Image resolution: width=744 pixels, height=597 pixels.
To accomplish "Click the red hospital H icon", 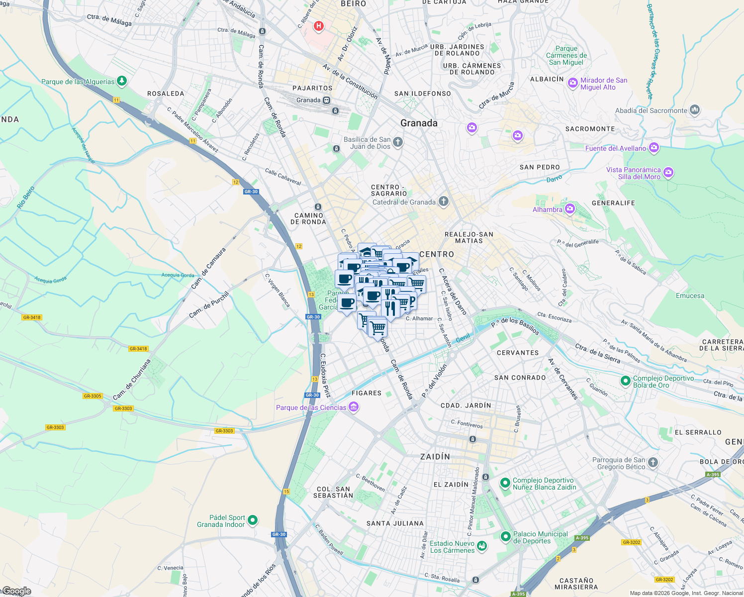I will (318, 26).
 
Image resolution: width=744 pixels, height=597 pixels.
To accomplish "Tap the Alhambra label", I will (547, 209).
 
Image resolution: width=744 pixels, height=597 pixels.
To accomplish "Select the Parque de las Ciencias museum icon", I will (354, 407).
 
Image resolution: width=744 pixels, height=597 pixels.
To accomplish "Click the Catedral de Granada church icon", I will (444, 202).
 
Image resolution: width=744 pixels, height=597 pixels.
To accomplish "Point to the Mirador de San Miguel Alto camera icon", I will (573, 83).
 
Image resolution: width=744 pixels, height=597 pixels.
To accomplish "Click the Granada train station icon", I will (326, 100).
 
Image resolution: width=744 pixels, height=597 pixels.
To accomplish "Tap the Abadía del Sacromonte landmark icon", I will (695, 110).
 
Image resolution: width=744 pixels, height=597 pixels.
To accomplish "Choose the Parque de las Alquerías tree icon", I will (121, 81).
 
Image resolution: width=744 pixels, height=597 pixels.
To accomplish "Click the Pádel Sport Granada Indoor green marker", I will (253, 520).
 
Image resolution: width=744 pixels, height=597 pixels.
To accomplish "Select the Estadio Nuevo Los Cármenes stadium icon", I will (481, 547).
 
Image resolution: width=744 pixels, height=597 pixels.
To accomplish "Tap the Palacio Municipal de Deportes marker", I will (505, 537).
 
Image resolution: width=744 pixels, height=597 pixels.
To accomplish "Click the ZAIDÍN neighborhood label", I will (435, 456).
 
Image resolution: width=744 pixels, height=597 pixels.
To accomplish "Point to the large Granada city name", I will (419, 123).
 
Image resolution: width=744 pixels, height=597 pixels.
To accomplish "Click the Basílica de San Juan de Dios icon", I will (397, 142).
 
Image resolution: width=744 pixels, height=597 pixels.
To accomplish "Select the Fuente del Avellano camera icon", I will (653, 148).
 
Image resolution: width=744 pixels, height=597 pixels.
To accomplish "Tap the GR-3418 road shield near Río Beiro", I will (32, 317).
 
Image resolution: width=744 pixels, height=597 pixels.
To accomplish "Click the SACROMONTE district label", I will (590, 129).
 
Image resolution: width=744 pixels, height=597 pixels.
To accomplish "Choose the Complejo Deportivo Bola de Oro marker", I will (626, 381).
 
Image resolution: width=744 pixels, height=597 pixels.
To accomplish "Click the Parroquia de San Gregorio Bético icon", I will (653, 463).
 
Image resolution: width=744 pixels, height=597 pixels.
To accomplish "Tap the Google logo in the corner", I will (16, 591).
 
